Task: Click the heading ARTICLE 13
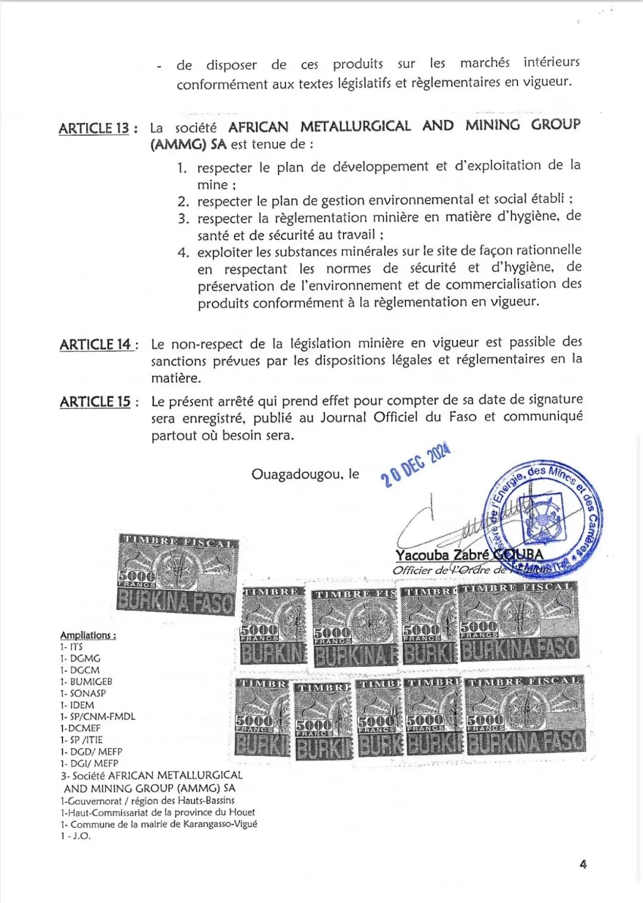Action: pyautogui.click(x=93, y=129)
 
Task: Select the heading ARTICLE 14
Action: pyautogui.click(x=95, y=345)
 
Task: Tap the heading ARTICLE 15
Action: pyautogui.click(x=95, y=402)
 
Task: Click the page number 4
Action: pyautogui.click(x=583, y=864)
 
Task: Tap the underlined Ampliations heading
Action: pyautogui.click(x=88, y=635)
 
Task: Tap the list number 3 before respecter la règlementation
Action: pyautogui.click(x=183, y=218)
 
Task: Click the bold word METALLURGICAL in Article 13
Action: pyautogui.click(x=355, y=126)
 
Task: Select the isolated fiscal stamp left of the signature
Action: pyautogui.click(x=177, y=574)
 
